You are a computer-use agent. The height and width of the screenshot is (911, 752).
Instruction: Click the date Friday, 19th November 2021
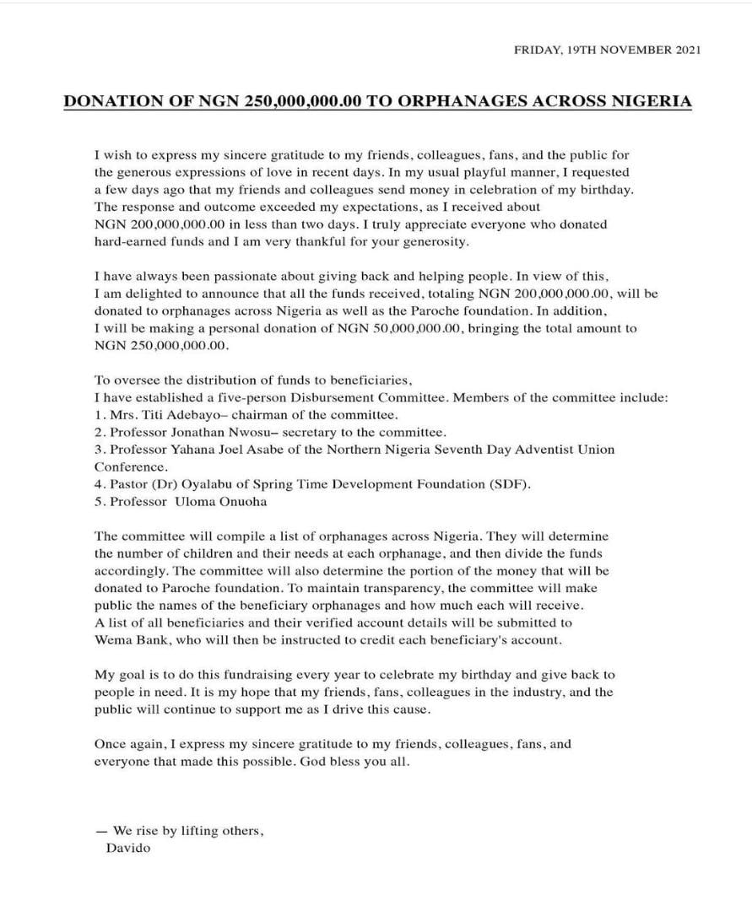tap(606, 51)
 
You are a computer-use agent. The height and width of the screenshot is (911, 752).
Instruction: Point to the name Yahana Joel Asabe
tap(225, 450)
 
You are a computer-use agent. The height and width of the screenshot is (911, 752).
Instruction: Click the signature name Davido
tap(127, 848)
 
